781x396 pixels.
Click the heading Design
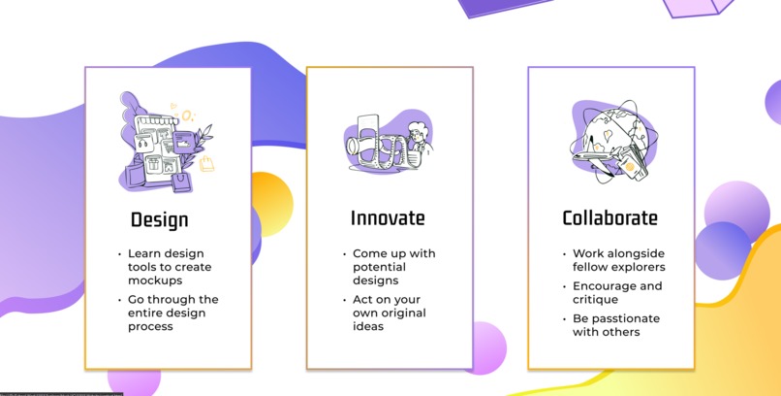click(x=160, y=219)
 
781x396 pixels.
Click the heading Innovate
click(x=388, y=218)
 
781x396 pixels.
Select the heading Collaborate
click(x=609, y=218)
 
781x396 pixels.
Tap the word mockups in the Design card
click(x=155, y=280)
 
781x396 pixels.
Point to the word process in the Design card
click(x=151, y=326)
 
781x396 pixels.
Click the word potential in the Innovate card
click(x=379, y=266)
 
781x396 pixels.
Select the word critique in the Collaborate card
click(x=595, y=299)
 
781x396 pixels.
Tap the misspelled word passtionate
click(x=616, y=318)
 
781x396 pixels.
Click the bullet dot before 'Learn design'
click(x=119, y=254)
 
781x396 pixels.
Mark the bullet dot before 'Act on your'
click(x=344, y=300)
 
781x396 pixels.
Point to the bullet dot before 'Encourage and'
click(x=564, y=286)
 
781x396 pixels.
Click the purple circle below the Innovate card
click(x=485, y=347)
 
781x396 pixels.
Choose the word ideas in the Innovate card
click(x=368, y=326)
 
